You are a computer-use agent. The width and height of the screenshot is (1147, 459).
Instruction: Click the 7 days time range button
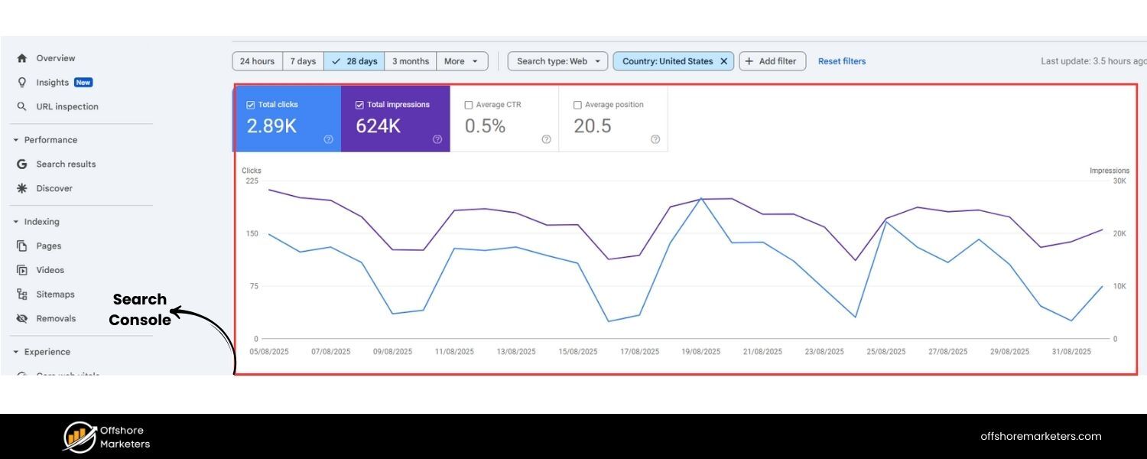(303, 61)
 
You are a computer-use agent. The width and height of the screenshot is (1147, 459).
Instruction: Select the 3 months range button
(411, 61)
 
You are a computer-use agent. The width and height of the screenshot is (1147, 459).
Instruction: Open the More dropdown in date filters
(462, 61)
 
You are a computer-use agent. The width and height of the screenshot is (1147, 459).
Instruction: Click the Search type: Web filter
(557, 61)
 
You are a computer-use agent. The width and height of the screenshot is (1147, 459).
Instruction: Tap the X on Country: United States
(723, 61)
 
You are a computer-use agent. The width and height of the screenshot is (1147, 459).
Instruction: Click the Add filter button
(772, 61)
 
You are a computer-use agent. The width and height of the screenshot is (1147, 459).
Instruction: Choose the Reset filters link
(842, 61)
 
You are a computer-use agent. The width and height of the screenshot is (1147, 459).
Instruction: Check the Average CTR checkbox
(469, 105)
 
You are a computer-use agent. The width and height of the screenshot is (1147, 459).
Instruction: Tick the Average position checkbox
(577, 105)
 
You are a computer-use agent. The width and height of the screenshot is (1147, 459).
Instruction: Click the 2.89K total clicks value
(271, 126)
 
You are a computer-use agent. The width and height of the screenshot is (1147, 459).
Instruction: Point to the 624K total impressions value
(378, 126)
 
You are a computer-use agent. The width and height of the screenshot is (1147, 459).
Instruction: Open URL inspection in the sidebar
(67, 106)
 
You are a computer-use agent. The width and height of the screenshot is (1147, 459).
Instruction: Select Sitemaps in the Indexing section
(55, 295)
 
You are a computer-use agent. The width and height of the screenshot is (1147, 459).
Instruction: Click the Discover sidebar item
(54, 188)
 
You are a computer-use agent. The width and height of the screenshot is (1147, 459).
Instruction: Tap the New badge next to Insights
(83, 83)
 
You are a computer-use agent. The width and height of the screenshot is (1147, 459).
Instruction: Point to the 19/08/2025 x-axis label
(701, 352)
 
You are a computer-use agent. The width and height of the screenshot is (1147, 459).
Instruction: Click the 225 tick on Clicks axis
(252, 181)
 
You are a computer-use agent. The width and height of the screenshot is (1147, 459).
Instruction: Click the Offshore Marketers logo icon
(80, 437)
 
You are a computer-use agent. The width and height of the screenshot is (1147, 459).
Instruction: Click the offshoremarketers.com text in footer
(1041, 437)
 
